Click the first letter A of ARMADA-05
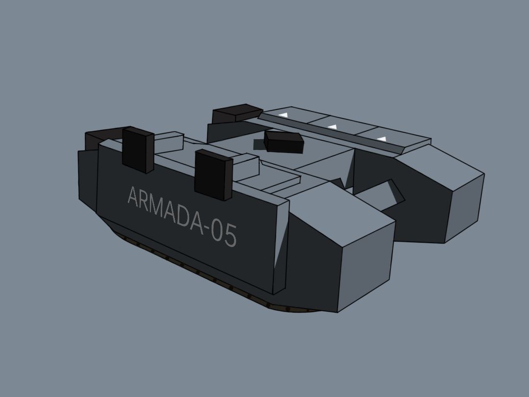[134, 197]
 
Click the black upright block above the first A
[138, 150]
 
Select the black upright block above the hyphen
[214, 175]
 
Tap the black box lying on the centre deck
[284, 142]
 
